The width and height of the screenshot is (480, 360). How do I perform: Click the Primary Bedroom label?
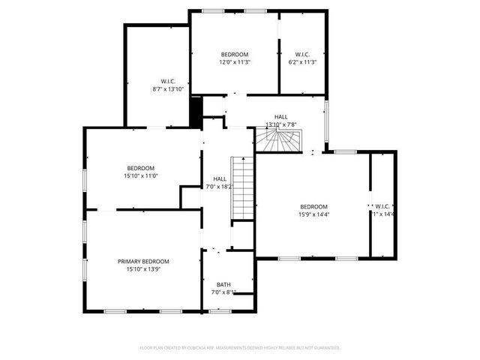pos(143,261)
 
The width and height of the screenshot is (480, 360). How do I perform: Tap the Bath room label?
pos(223,284)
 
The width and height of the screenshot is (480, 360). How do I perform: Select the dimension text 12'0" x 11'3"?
pos(235,62)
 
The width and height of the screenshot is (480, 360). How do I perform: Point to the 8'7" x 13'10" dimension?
pos(168,89)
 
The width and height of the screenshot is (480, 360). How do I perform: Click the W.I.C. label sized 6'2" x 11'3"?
pos(302,54)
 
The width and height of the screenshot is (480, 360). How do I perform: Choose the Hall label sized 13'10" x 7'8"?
pos(280,116)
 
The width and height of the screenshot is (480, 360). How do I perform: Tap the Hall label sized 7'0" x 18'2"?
pos(220,178)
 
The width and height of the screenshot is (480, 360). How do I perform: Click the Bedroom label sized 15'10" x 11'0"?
pos(140,167)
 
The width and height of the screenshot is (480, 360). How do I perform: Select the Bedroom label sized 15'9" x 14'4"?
pos(314,206)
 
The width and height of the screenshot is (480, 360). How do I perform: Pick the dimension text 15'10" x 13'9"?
pos(143,269)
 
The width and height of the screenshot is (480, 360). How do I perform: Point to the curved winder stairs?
pos(278,139)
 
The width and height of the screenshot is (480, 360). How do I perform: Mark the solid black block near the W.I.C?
pos(196,112)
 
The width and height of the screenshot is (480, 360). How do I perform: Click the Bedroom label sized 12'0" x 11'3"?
pos(235,54)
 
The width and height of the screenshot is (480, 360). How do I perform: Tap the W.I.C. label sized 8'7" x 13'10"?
pos(168,81)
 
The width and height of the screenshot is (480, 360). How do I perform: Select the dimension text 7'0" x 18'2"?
pos(220,187)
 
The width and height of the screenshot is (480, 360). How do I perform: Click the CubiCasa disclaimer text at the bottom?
pos(240,348)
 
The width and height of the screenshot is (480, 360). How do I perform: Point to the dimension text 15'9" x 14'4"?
pos(314,214)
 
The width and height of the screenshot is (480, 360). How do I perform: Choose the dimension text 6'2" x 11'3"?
pos(302,62)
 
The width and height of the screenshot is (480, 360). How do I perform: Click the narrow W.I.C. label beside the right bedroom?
pos(382,206)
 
